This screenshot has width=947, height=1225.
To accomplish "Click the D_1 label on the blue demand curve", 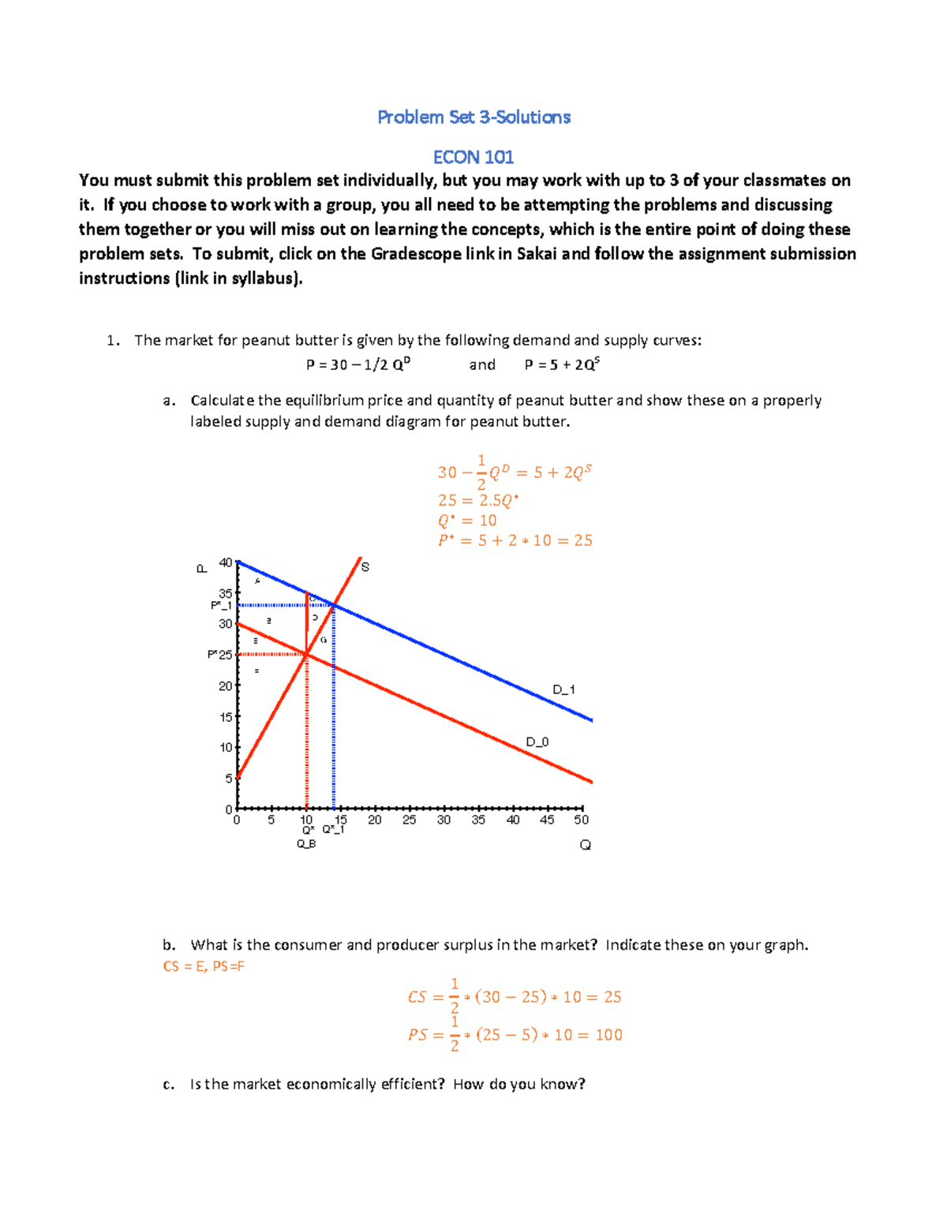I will pos(563,689).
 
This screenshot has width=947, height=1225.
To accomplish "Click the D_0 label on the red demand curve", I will pos(537,741).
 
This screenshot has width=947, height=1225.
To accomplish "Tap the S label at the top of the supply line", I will pos(365,566).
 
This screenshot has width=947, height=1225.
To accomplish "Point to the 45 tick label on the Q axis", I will pos(547,820).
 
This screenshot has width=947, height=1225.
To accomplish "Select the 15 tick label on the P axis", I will pos(226,717).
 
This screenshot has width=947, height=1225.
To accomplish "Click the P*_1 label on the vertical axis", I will pos(221,605).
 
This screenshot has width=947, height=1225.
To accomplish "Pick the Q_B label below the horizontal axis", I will pos(306,844).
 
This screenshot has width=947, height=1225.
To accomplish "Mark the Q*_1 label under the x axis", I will pos(333,830).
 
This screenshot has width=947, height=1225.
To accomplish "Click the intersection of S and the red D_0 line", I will pos(306,654).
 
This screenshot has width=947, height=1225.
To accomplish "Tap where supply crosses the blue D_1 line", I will pos(334,605).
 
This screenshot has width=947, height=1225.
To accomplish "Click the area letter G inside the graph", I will pos(324,640).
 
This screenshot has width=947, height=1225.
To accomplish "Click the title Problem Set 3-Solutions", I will pos(473,117).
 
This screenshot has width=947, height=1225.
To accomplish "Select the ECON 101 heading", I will pos(473,157).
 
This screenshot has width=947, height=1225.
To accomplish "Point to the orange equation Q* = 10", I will pos(467,521).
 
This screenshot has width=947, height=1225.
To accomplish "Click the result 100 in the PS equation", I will pos(608,1034).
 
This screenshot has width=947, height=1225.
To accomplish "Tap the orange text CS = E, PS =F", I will pos(204,966).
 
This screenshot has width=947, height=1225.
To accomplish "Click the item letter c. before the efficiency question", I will pos(168,1085).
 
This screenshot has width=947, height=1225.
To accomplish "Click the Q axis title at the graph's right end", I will pos(585,845).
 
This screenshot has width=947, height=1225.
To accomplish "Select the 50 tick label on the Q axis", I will pos(582,820).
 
